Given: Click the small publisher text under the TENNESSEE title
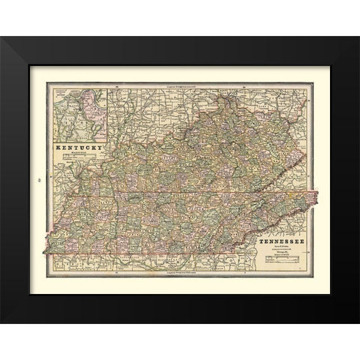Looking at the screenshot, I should click(284, 252).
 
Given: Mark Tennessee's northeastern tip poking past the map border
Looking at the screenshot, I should click(316, 196).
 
